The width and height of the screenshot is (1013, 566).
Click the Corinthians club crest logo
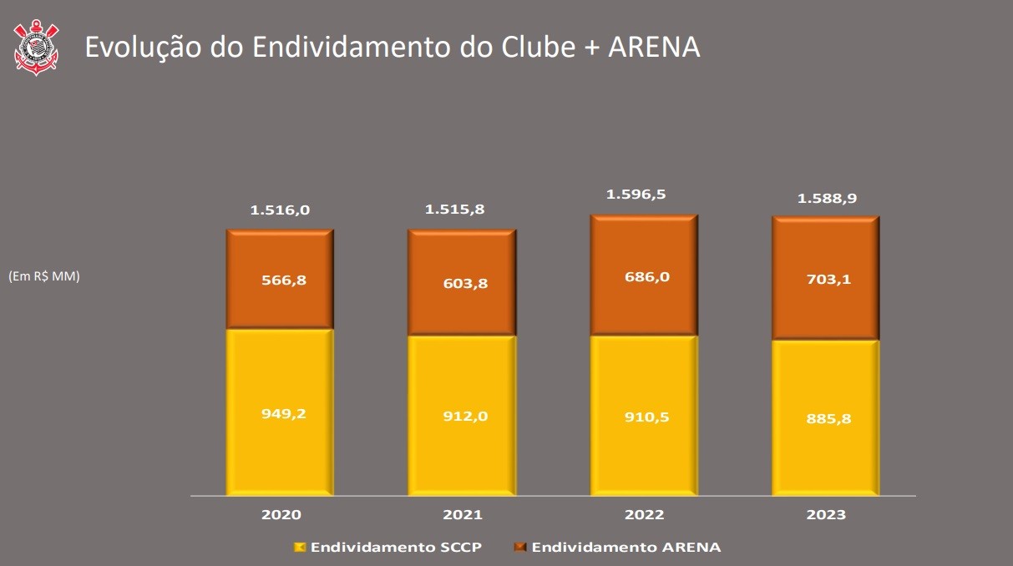(36, 48)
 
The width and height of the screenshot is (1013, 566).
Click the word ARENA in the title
(654, 48)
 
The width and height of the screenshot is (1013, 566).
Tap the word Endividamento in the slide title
(355, 48)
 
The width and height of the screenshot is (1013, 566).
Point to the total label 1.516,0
(280, 210)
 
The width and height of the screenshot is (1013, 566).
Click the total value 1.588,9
(826, 199)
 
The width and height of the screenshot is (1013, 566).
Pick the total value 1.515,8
(462, 210)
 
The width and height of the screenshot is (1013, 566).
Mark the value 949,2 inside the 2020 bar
(280, 413)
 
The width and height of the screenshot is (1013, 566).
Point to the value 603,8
(462, 283)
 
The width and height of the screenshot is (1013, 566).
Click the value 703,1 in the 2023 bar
(826, 280)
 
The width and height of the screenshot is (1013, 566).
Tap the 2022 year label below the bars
(644, 514)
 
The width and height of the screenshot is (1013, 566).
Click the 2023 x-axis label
(826, 514)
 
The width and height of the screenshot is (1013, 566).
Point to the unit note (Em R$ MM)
(44, 276)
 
